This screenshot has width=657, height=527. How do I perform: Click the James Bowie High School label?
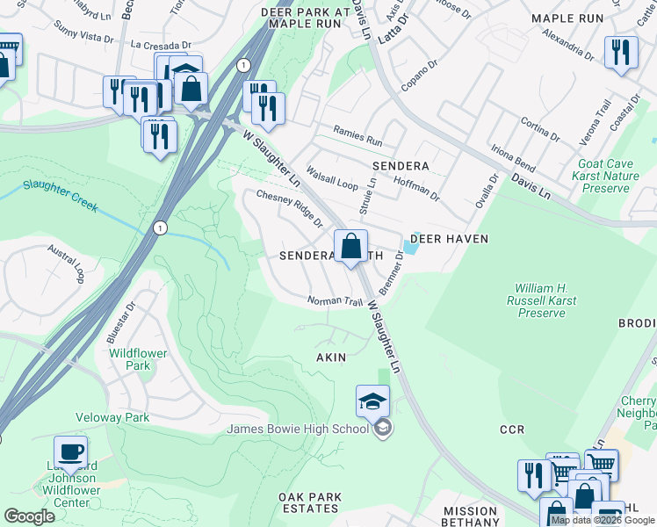(x=299, y=429)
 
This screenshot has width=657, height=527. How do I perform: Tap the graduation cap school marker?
(x=372, y=401)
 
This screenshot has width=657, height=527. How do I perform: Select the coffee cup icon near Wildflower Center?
(x=70, y=452)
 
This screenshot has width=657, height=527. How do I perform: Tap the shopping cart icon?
(x=601, y=465)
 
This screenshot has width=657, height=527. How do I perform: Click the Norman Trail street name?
(x=335, y=302)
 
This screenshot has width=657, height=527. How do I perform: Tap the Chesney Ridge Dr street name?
(x=289, y=209)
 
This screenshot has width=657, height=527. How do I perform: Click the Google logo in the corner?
(x=29, y=516)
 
